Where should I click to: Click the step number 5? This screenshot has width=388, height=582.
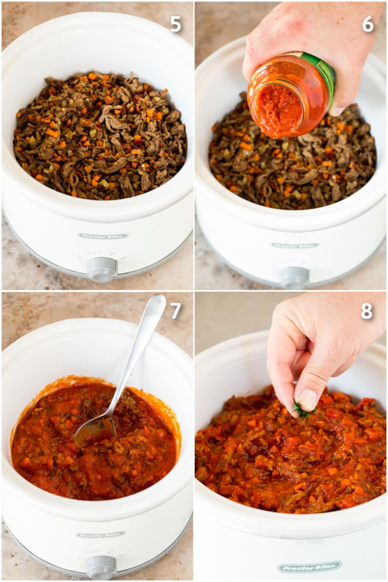(175, 24)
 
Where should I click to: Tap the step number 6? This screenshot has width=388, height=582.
(368, 24)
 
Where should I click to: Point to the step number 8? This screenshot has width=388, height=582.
(366, 311)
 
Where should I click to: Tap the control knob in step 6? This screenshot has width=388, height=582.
(294, 278)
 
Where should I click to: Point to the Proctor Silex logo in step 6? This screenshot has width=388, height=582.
(295, 245)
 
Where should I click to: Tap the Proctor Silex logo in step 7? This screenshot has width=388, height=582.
(101, 535)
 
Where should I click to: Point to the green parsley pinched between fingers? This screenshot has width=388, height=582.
(301, 408)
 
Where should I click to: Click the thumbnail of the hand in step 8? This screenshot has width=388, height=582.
(307, 399)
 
